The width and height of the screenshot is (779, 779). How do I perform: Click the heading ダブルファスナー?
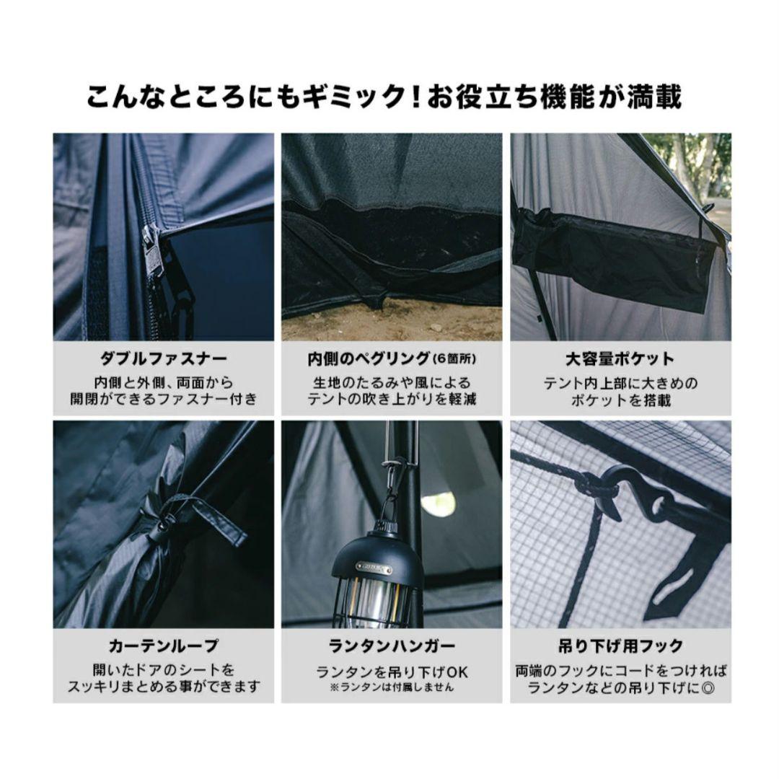(x=163, y=358)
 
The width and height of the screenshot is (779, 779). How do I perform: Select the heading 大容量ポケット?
(x=620, y=358)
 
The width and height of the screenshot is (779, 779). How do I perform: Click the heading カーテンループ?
(x=163, y=645)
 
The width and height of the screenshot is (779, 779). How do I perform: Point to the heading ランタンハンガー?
(x=392, y=645)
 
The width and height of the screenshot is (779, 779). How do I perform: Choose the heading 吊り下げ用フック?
(x=620, y=645)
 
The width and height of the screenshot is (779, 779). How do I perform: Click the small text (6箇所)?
(x=456, y=359)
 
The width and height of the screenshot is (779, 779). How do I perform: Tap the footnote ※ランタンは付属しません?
(x=392, y=687)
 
